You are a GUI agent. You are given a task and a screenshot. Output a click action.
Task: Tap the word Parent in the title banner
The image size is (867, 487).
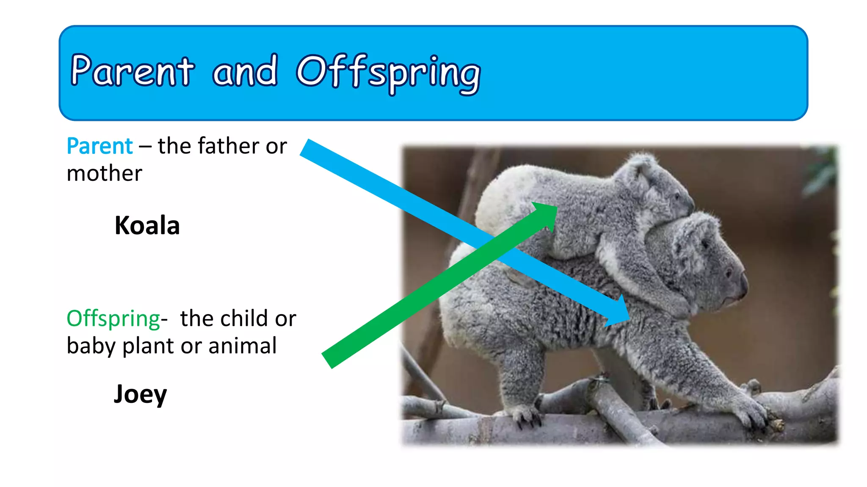click(x=132, y=71)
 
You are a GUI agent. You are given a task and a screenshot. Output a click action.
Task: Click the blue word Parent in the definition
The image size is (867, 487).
click(x=100, y=146)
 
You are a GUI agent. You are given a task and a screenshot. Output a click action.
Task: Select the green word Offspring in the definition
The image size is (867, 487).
click(x=113, y=319)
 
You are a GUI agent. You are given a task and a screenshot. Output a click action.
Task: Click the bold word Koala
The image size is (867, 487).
click(x=147, y=225)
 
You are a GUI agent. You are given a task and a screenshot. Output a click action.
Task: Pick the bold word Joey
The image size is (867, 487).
click(x=140, y=394)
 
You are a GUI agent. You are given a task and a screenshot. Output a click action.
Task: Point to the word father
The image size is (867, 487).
click(x=229, y=146)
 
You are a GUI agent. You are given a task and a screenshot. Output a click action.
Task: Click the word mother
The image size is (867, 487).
click(x=104, y=173)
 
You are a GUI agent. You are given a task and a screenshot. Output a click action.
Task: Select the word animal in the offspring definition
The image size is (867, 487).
click(x=242, y=346)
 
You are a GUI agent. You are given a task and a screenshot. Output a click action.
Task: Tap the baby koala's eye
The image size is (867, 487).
click(x=676, y=197)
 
